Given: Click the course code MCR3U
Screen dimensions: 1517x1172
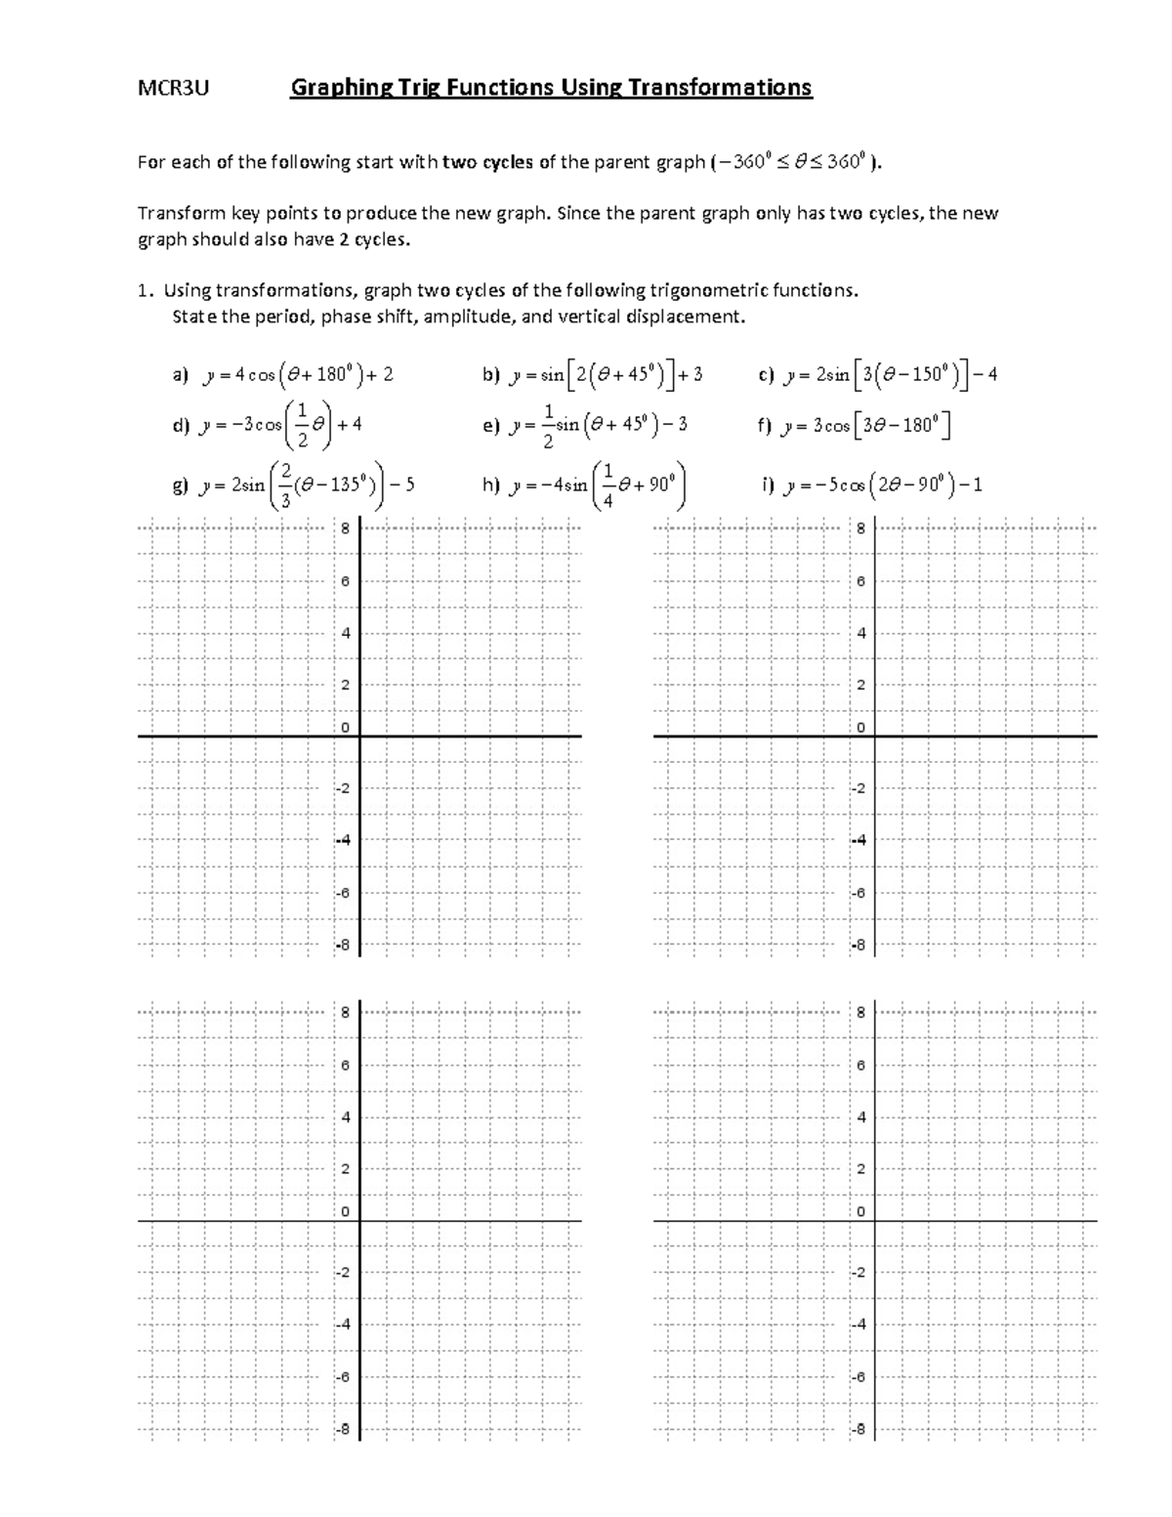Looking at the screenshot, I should pos(173,89).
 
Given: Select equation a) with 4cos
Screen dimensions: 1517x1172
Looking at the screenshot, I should pos(283,375).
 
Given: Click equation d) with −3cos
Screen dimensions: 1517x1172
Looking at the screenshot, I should pos(268,426).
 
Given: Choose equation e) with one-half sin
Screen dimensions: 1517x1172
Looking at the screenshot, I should pos(586,426).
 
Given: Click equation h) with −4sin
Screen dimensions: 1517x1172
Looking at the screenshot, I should pos(586,485).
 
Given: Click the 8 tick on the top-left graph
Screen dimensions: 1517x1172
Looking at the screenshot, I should pos(345,529).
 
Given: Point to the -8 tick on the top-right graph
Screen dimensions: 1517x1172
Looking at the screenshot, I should pos(858,946).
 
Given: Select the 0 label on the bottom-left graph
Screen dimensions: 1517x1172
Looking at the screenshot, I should pos(345,1211).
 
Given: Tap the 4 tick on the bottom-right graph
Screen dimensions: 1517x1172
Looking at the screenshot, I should pos(860,1117).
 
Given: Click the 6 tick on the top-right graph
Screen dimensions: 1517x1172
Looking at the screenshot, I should pos(860,581).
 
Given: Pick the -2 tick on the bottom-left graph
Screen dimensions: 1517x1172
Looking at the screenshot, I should pos(343,1273).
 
